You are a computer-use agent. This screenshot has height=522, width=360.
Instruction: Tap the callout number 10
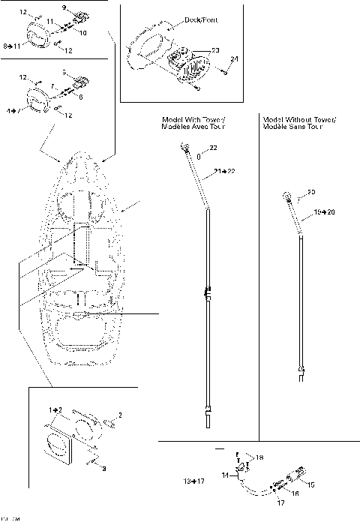[82, 34]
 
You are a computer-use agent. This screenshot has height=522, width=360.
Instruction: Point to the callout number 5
[64, 72]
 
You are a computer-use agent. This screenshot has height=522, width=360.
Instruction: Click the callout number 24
[233, 58]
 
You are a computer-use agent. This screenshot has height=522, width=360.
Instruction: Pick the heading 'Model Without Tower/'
[299, 119]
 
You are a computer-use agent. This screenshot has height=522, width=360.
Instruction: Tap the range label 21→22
[223, 172]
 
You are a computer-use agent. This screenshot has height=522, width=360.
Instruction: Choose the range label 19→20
[325, 213]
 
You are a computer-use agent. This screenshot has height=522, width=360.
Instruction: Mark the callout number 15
[311, 484]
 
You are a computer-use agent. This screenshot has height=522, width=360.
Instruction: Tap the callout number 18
[259, 457]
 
